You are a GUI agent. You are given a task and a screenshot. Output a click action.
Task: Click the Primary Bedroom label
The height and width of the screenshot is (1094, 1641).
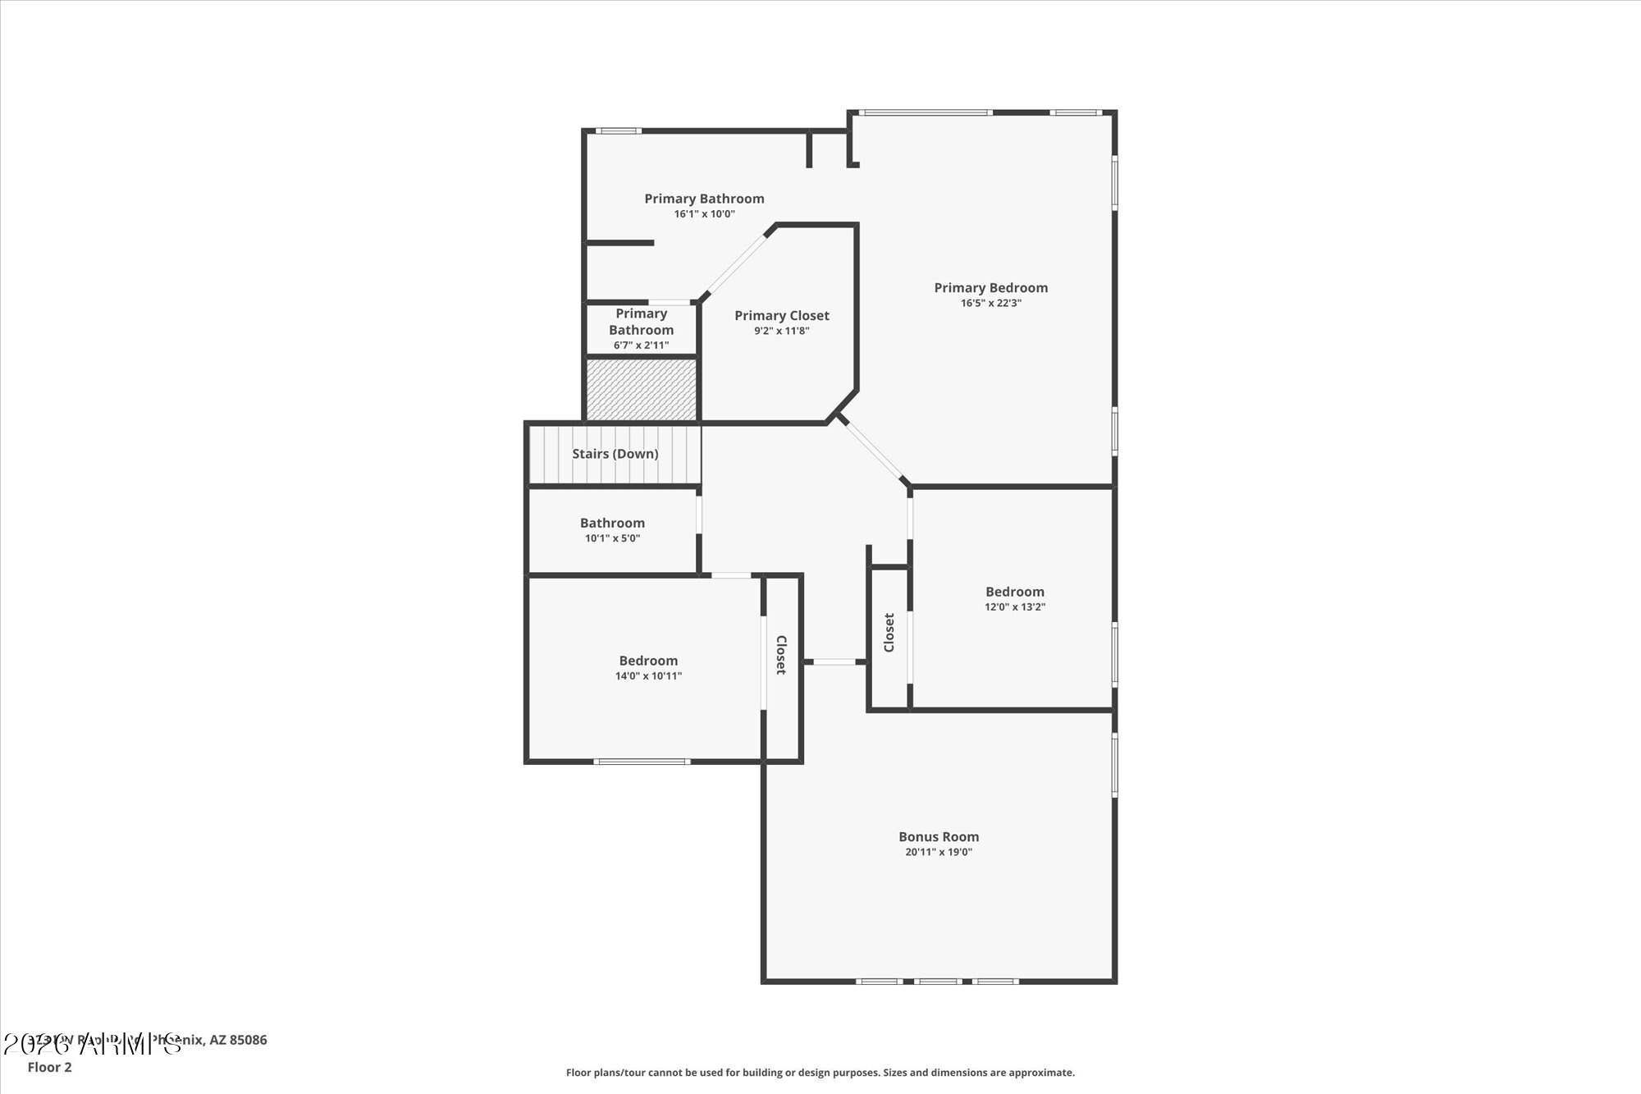click(x=990, y=287)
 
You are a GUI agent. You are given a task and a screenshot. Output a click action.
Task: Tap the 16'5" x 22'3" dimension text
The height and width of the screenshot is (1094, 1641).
click(x=990, y=303)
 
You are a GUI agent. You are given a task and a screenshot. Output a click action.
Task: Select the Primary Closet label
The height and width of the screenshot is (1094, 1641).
click(x=781, y=315)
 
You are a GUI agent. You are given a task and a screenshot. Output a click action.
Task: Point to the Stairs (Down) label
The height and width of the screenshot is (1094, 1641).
click(x=615, y=454)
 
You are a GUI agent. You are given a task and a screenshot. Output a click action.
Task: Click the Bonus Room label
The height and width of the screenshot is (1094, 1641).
click(x=938, y=836)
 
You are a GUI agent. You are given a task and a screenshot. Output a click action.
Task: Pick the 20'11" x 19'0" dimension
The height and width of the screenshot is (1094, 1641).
click(x=938, y=852)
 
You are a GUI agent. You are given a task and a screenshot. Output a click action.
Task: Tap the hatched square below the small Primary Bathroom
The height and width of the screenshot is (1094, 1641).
click(x=641, y=389)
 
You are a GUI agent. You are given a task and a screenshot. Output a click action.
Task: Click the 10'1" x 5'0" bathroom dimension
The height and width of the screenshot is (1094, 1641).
click(x=612, y=538)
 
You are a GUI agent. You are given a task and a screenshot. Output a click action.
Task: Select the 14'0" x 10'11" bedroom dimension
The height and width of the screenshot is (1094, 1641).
click(x=648, y=676)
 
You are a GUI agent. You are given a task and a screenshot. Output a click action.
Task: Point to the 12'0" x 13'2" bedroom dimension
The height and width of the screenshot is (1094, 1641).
click(x=1014, y=607)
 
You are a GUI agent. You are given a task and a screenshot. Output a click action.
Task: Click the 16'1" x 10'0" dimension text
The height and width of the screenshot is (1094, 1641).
click(x=704, y=214)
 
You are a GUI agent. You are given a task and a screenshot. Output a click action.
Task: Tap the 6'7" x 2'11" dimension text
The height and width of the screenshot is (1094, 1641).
click(x=641, y=346)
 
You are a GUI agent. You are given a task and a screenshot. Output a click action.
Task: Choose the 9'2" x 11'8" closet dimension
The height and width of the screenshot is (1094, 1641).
click(x=781, y=331)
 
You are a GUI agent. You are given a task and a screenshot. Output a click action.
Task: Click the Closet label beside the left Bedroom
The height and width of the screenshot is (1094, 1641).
click(x=781, y=655)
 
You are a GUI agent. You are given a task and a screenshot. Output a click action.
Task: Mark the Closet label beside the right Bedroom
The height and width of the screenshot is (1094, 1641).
click(x=889, y=633)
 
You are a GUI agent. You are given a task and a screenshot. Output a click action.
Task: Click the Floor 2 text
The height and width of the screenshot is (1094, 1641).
click(x=49, y=1067)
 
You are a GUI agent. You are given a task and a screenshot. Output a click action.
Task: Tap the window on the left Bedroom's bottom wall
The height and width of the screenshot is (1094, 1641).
click(x=641, y=762)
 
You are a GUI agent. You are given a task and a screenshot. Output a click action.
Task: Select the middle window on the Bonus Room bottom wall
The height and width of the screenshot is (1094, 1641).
click(x=938, y=981)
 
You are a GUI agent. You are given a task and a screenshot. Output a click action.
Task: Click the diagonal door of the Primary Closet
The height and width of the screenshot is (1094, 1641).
click(x=736, y=264)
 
